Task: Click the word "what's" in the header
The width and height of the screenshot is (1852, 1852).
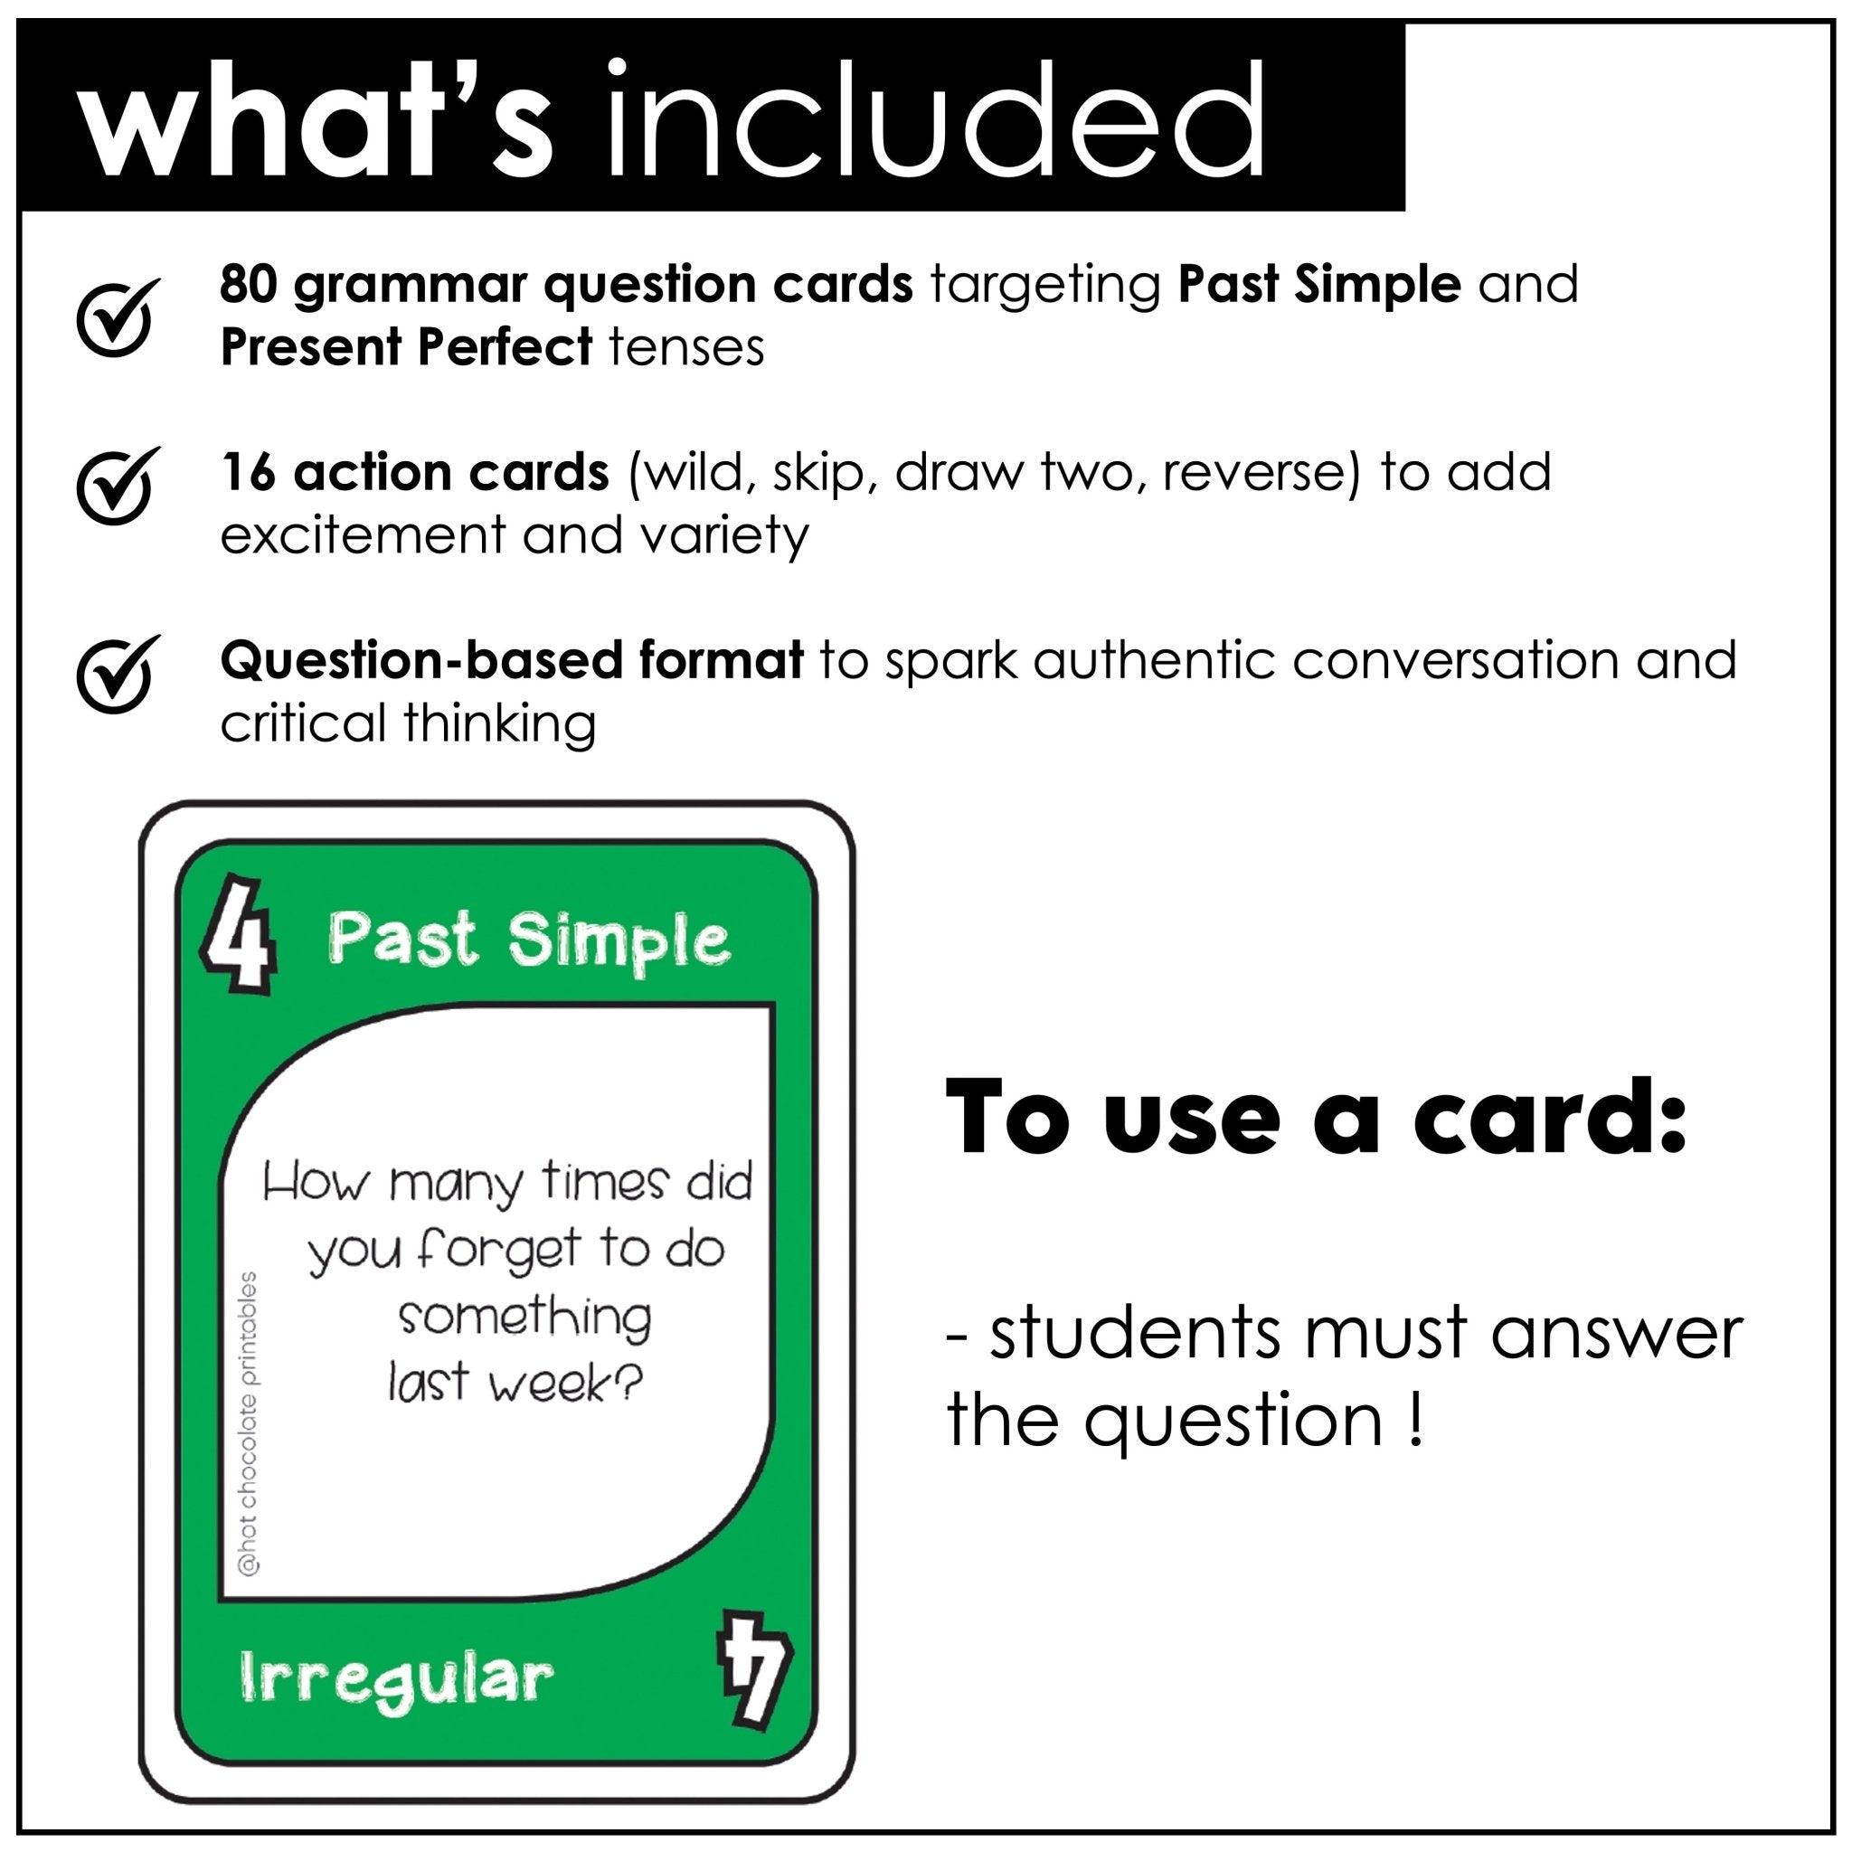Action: tap(317, 120)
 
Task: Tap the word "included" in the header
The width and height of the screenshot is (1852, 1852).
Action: tap(935, 120)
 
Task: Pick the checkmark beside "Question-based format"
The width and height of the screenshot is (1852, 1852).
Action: tap(117, 674)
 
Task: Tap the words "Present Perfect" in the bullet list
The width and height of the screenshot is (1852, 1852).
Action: tap(406, 347)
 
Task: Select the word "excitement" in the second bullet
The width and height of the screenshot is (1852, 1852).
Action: tap(363, 535)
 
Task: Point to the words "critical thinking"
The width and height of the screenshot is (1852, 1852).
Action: tap(408, 723)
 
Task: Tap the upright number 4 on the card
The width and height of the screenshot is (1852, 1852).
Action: tap(240, 931)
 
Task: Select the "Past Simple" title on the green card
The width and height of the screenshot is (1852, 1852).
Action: tap(528, 940)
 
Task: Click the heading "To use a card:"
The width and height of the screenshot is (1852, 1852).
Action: tap(1316, 1118)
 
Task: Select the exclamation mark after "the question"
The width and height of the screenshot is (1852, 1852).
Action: tap(1418, 1422)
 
